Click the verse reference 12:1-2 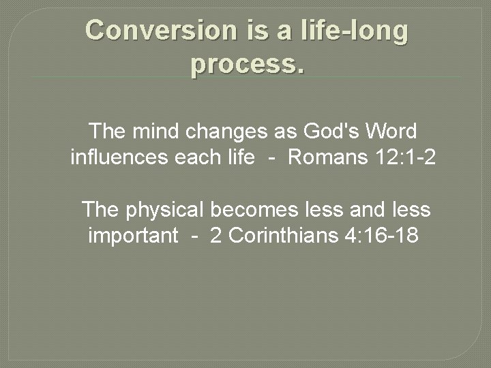coord(402,157)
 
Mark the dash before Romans coord(271,159)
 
